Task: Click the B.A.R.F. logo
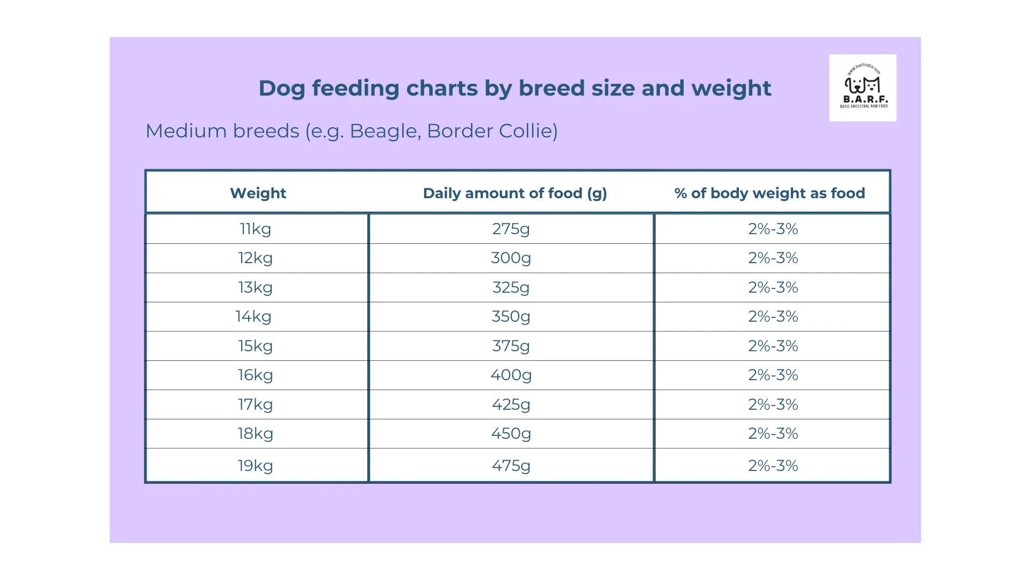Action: tap(862, 88)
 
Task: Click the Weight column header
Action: tap(258, 193)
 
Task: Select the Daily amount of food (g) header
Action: tap(514, 193)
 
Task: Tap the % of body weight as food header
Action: tap(769, 193)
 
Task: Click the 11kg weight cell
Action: tap(256, 229)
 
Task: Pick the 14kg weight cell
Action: tap(253, 316)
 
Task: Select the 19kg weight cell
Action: tap(256, 466)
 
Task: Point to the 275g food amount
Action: tap(511, 229)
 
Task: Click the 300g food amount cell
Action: tap(511, 258)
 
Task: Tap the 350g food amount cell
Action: tap(511, 316)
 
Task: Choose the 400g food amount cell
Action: tap(511, 375)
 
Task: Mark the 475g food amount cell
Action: tap(511, 466)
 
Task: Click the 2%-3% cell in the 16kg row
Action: tap(773, 375)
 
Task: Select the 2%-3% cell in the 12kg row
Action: tap(773, 258)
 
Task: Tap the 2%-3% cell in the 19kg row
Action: tap(773, 466)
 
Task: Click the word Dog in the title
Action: tap(282, 89)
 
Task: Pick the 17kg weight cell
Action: tap(256, 404)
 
